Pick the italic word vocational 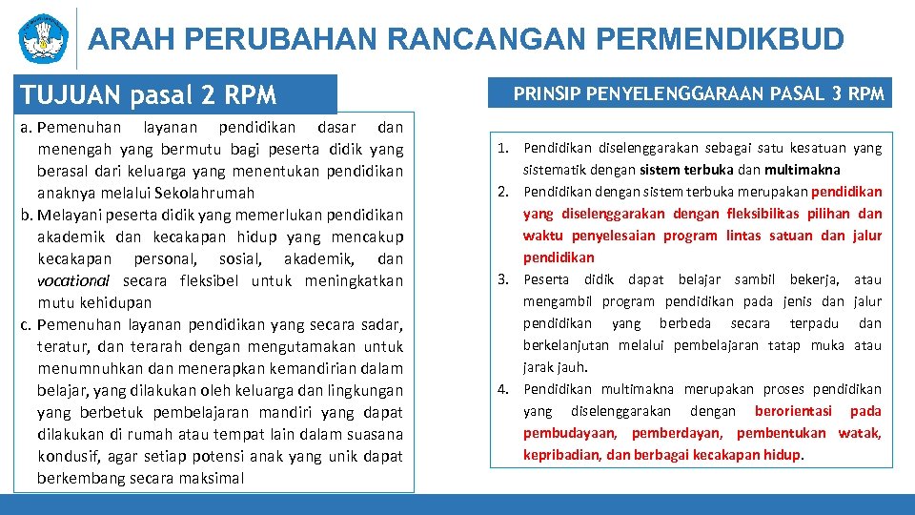point(73,280)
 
